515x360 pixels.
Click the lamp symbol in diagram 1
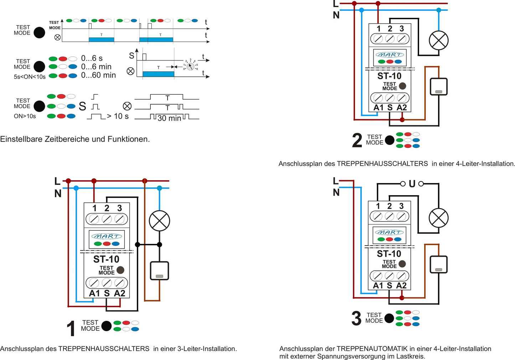[159, 221]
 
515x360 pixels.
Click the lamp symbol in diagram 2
[439, 40]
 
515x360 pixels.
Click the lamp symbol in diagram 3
[438, 218]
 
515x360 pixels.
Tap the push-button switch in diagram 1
[159, 271]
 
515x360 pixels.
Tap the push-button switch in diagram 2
[439, 87]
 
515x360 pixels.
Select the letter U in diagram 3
[412, 184]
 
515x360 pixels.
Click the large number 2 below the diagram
[357, 140]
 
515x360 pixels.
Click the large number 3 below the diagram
[356, 318]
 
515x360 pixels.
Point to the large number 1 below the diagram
[71, 328]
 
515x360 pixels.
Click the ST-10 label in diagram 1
[106, 259]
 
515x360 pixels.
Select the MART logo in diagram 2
[390, 55]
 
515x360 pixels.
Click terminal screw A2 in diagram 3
[401, 276]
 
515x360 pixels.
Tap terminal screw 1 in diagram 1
[94, 219]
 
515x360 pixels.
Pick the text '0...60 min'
[98, 75]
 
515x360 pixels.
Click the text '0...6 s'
[92, 58]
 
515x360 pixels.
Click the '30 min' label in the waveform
[169, 118]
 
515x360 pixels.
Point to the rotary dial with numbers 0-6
[191, 66]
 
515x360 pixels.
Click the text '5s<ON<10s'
[30, 77]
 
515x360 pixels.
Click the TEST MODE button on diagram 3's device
[402, 264]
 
